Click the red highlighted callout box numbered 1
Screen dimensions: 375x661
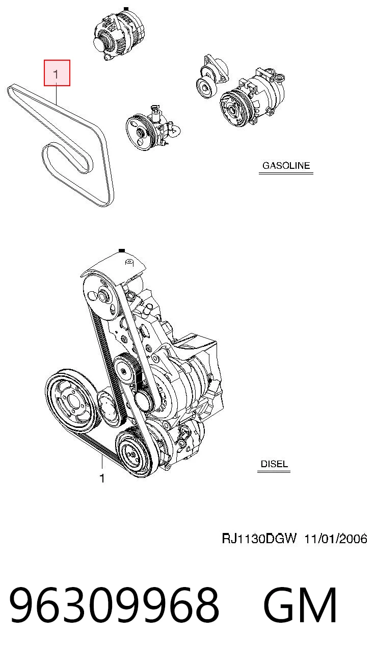(57, 73)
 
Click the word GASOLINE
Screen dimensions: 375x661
(286, 165)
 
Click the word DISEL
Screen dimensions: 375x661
(274, 464)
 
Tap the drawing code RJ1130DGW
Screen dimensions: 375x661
(258, 539)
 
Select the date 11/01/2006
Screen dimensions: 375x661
(335, 539)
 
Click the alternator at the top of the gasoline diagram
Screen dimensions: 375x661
(119, 35)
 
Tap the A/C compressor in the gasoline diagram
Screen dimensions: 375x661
(252, 97)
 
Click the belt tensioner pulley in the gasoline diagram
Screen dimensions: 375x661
(206, 86)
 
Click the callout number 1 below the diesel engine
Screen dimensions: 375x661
(102, 478)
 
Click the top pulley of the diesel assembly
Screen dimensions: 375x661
(101, 297)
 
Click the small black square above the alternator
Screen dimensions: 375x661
(126, 9)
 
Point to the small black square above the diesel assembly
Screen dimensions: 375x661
(122, 251)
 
